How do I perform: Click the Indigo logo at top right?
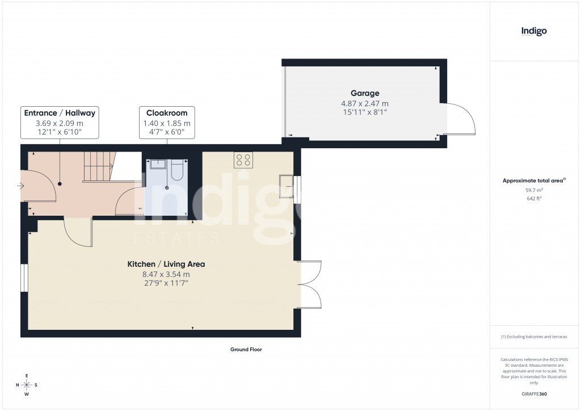pos(534,32)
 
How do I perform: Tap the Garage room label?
pos(364,93)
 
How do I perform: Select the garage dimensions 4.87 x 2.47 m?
pos(364,103)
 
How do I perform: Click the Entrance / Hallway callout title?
pos(60,113)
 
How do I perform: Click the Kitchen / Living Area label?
pos(166,264)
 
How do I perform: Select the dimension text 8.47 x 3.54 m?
pos(166,274)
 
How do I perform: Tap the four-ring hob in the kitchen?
pos(244,160)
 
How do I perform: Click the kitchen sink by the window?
pos(287,188)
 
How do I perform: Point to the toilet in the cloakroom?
pos(177,170)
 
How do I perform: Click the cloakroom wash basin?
pos(158,165)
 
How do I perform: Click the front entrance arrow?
pos(22,186)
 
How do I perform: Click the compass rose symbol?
pos(27,384)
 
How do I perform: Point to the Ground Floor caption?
pos(246,350)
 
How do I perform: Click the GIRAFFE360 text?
pos(533,394)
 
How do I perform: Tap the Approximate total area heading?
pos(533,181)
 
